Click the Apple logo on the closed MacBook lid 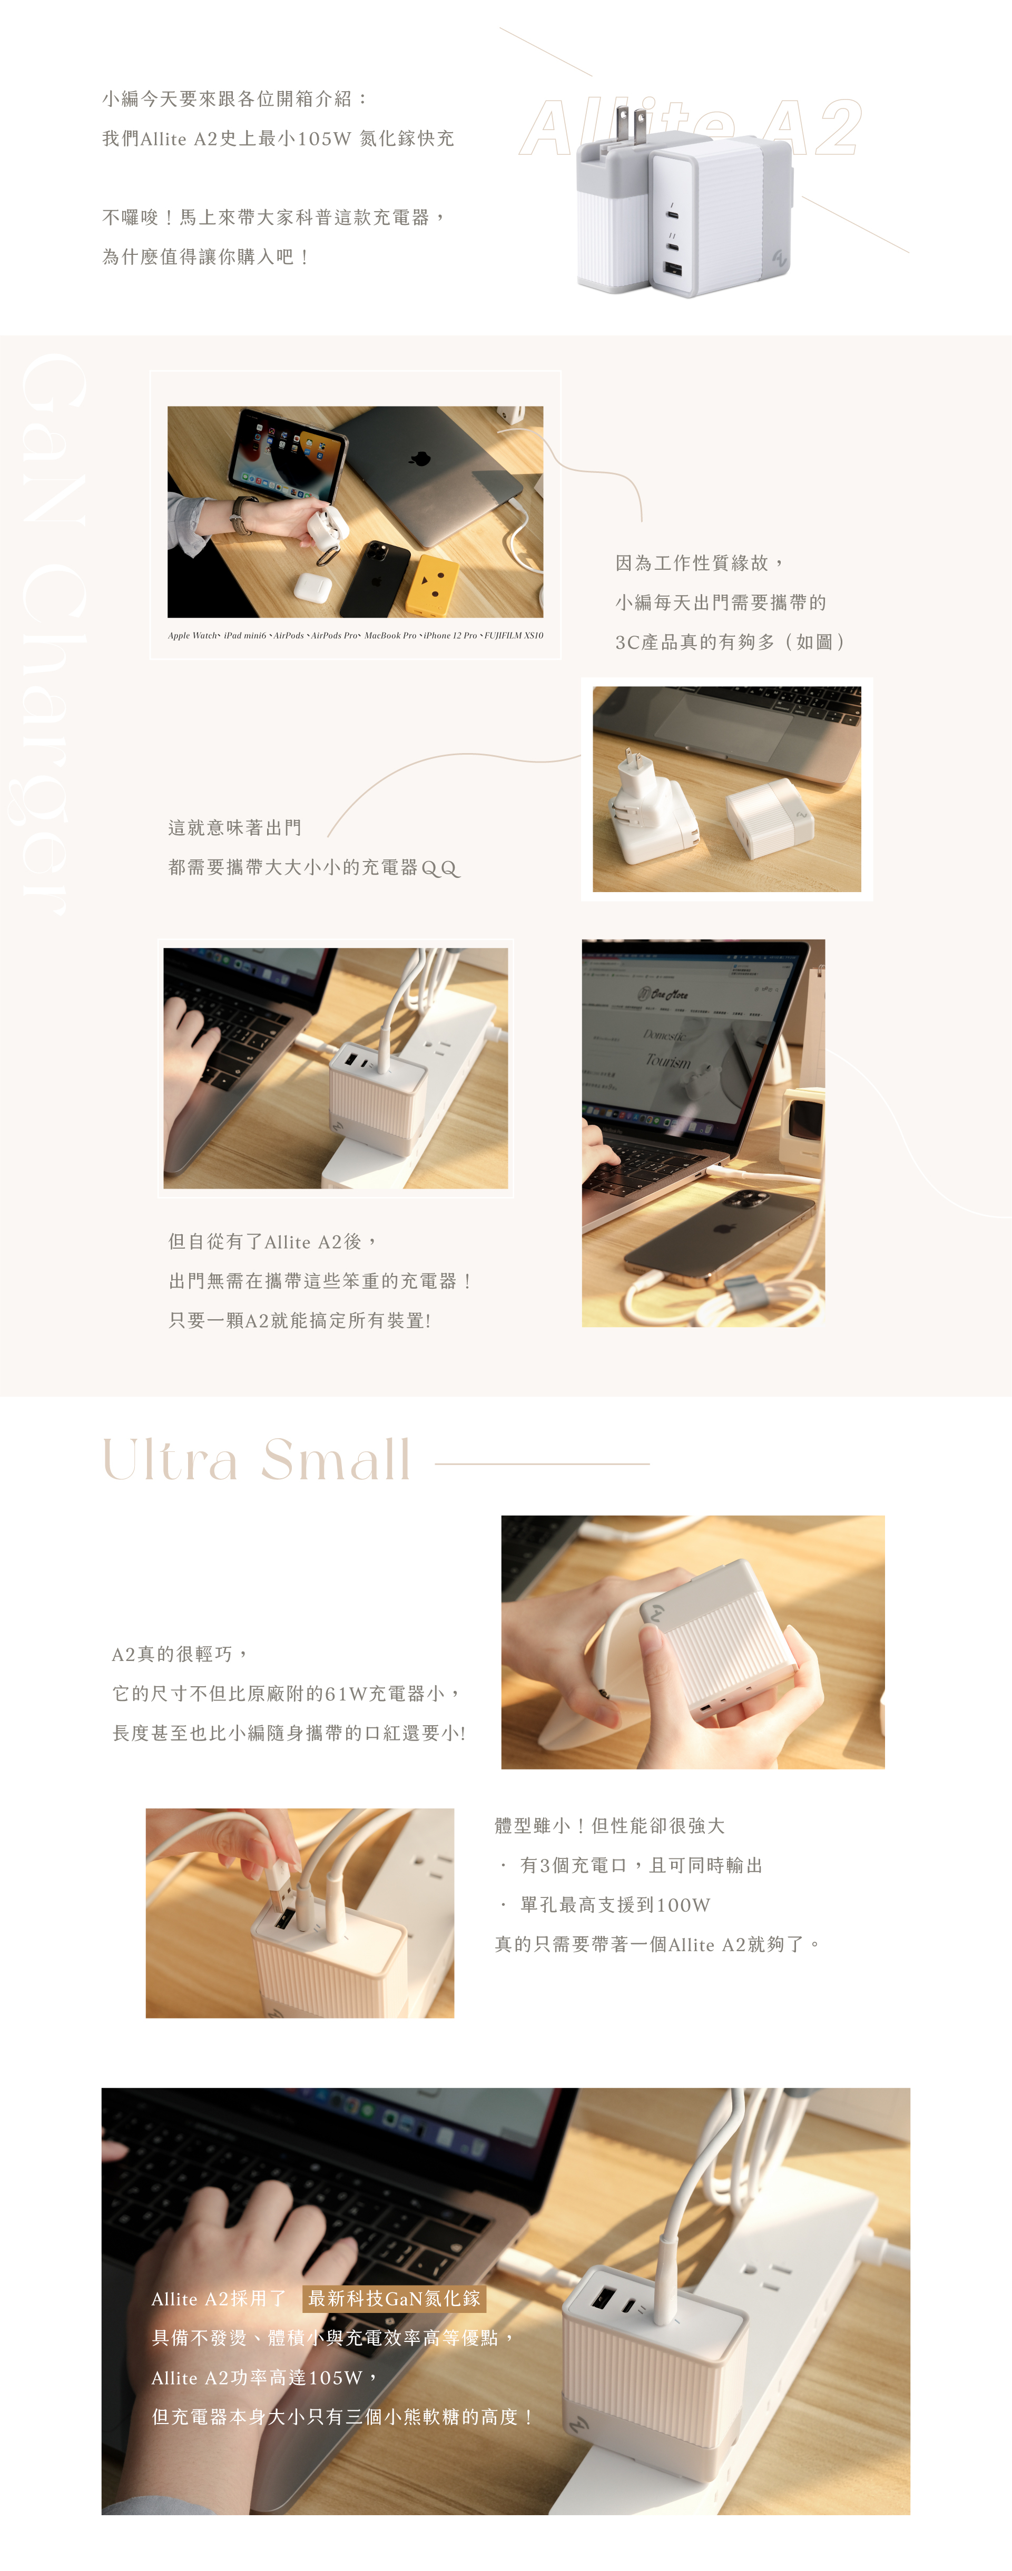pyautogui.click(x=420, y=458)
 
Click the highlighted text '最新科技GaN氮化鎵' pyautogui.click(x=394, y=2299)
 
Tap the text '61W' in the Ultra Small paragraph pyautogui.click(x=345, y=1694)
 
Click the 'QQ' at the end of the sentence pyautogui.click(x=440, y=868)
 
